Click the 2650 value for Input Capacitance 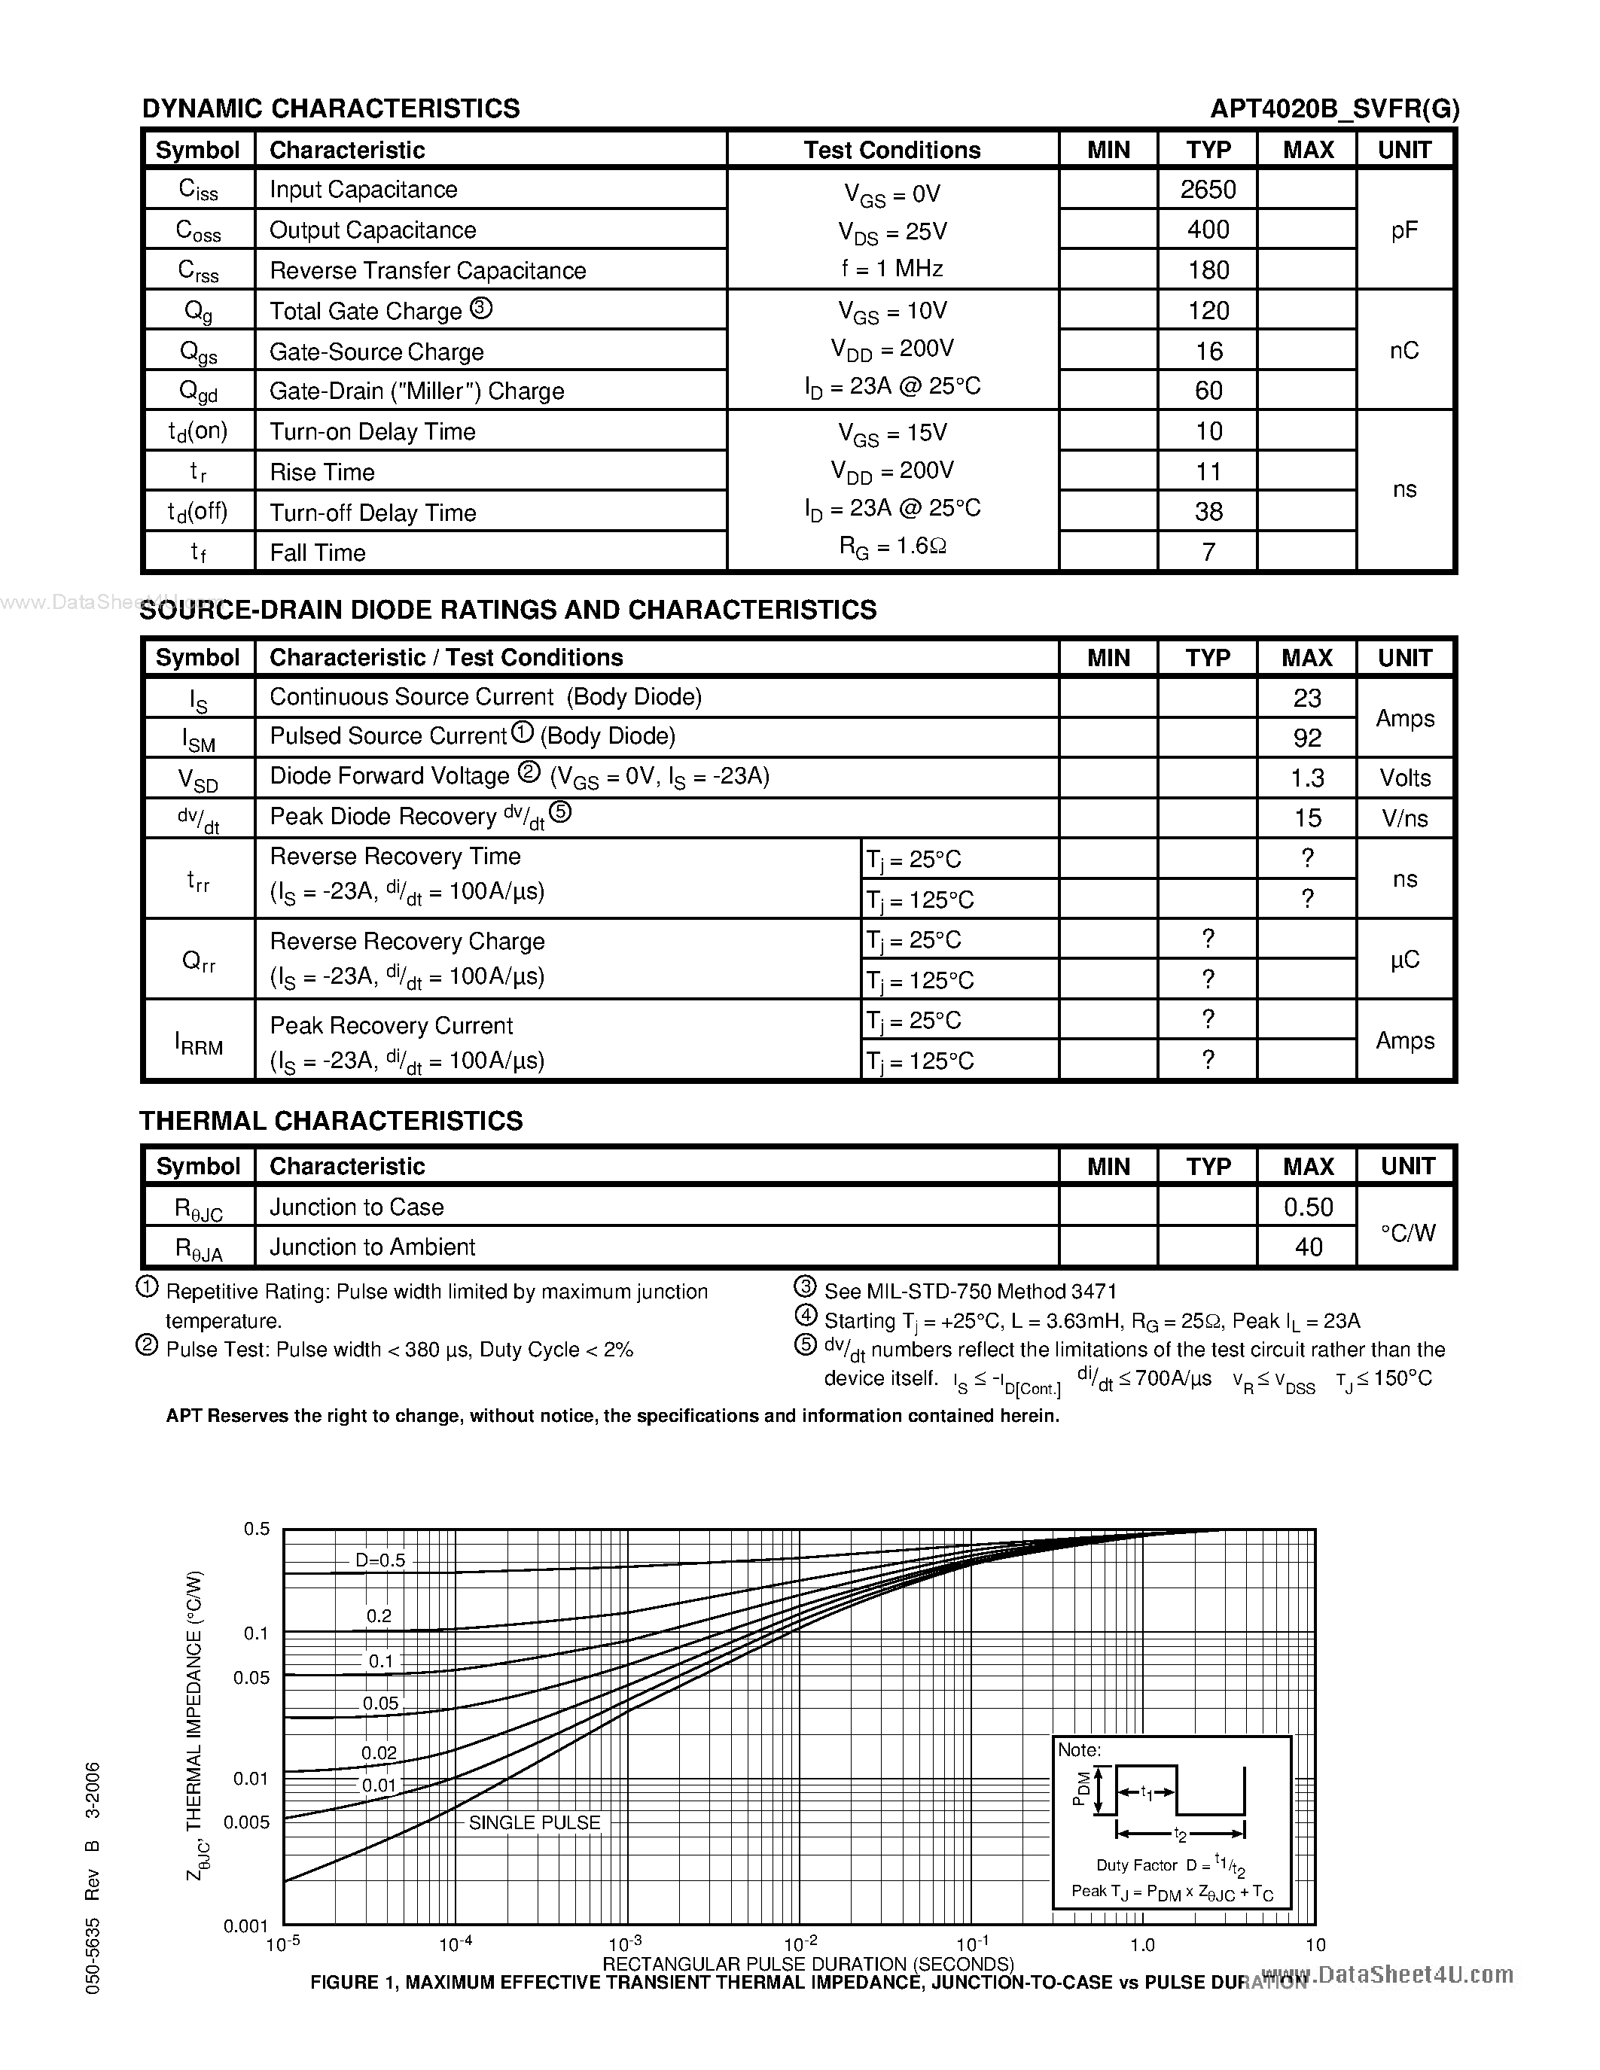pyautogui.click(x=1208, y=190)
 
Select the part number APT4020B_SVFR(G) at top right pyautogui.click(x=1333, y=109)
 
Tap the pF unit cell pyautogui.click(x=1403, y=230)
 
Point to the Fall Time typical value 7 pyautogui.click(x=1208, y=552)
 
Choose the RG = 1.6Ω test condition pyautogui.click(x=892, y=546)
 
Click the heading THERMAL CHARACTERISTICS pyautogui.click(x=331, y=1120)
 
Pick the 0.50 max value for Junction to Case pyautogui.click(x=1307, y=1207)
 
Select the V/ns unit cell pyautogui.click(x=1403, y=818)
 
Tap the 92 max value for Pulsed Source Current pyautogui.click(x=1306, y=738)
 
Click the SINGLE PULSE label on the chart pyautogui.click(x=535, y=1822)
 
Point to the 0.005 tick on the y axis pyautogui.click(x=246, y=1822)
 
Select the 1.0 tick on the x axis pyautogui.click(x=1142, y=1945)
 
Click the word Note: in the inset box pyautogui.click(x=1079, y=1749)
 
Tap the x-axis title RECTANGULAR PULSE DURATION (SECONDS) pyautogui.click(x=808, y=1963)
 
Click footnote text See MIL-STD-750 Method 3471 pyautogui.click(x=970, y=1291)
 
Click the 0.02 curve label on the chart pyautogui.click(x=379, y=1752)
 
